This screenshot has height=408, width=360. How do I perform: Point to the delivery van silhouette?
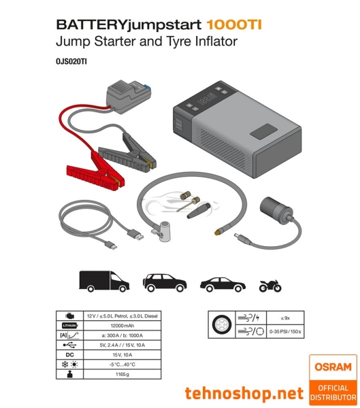(x=103, y=281)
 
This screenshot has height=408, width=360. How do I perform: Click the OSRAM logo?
(x=333, y=367)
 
